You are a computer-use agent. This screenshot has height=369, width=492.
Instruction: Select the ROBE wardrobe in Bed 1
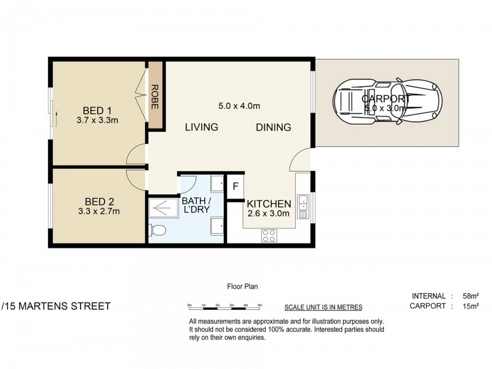(x=155, y=97)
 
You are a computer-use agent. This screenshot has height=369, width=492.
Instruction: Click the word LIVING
(x=201, y=127)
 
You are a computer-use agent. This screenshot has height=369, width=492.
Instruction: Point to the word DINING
(x=273, y=127)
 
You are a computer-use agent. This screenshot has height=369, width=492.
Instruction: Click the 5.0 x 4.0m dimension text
(x=239, y=106)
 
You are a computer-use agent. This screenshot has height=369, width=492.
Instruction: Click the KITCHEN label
(x=269, y=204)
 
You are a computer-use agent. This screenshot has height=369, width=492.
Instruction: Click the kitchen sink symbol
(x=303, y=206)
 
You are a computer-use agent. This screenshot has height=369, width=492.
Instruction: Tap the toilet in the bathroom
(x=157, y=231)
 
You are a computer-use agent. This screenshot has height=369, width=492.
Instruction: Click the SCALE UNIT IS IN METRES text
(x=323, y=307)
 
